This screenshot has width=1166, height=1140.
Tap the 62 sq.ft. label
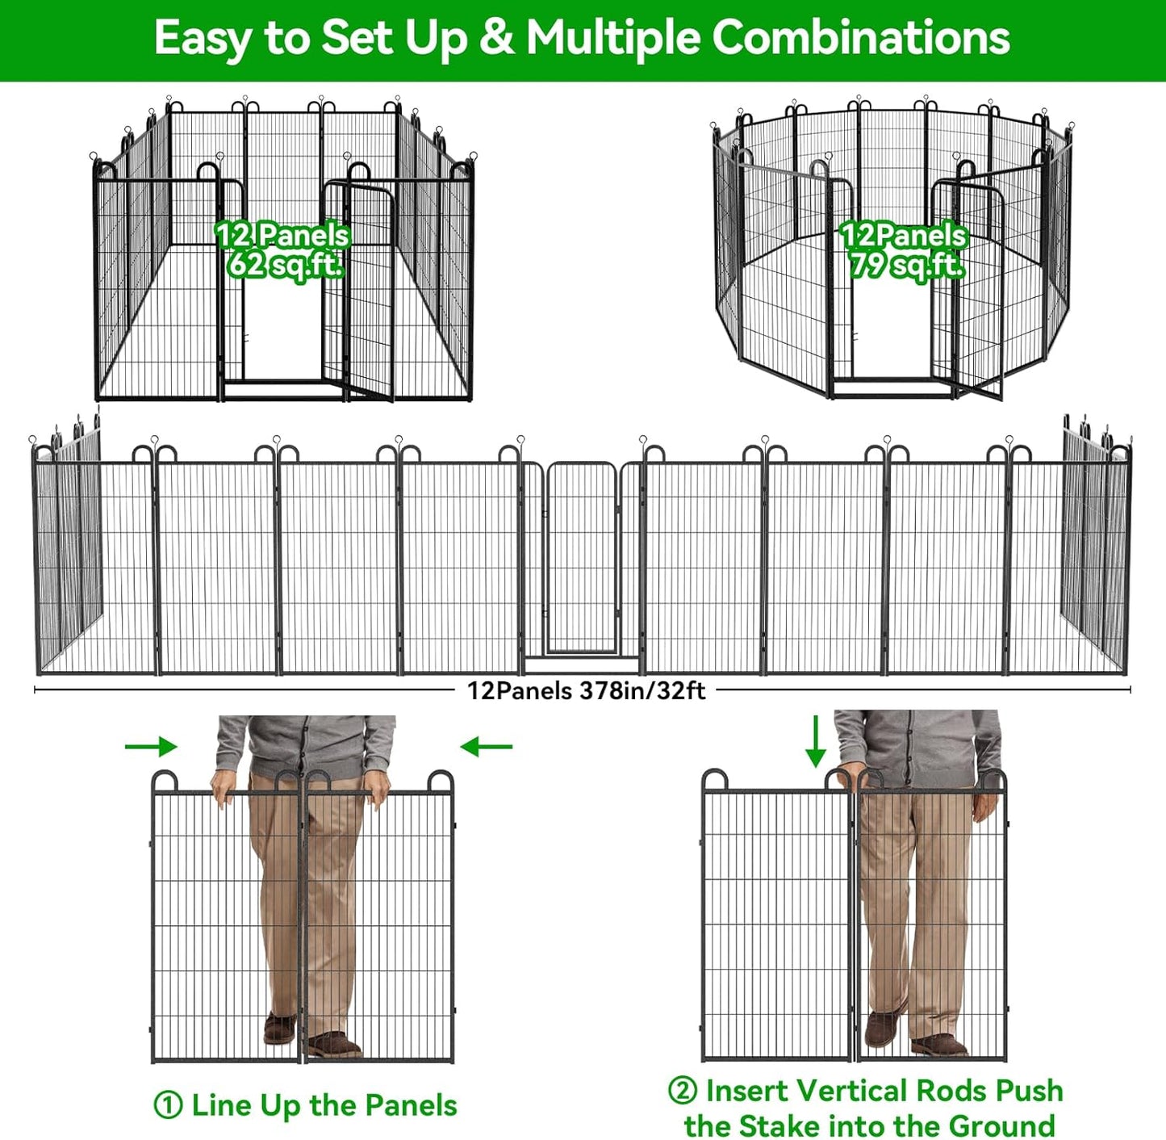point(285,264)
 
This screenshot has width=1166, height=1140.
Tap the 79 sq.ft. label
point(905,265)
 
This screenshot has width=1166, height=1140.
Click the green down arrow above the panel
point(816,740)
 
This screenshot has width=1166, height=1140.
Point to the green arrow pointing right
point(152,747)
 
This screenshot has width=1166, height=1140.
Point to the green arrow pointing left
point(486,747)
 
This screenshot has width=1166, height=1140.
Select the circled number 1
point(168,1105)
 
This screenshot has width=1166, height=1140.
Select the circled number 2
point(682,1091)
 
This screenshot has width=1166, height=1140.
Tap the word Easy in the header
point(202,38)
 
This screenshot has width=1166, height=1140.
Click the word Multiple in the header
point(613,38)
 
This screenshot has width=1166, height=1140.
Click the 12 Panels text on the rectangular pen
point(282,235)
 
